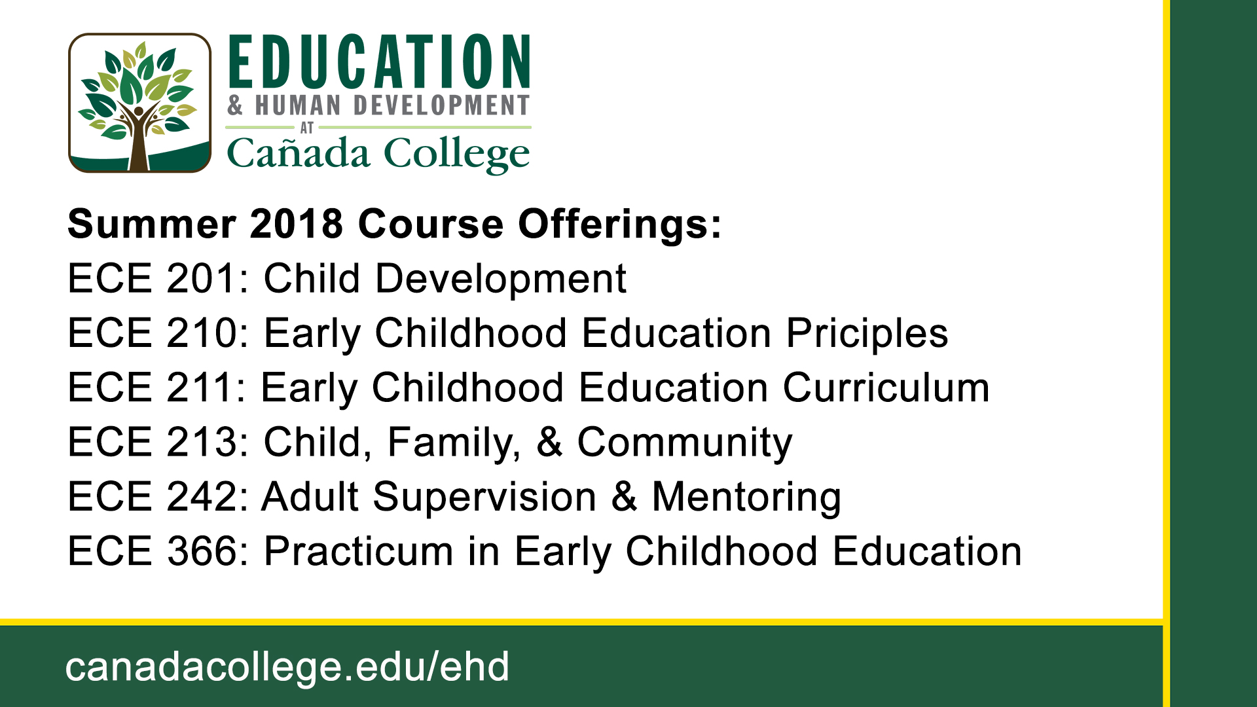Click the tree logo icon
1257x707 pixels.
139,103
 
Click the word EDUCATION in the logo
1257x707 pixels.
379,62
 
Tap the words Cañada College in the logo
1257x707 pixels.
378,154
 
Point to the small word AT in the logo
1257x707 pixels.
307,128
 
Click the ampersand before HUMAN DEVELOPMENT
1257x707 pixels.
236,105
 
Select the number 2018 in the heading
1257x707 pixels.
297,224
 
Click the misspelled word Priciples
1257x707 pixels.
867,335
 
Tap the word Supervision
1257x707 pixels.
484,498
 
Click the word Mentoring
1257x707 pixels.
746,498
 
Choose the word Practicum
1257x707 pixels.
358,551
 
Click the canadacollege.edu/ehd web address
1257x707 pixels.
287,667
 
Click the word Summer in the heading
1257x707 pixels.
152,224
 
